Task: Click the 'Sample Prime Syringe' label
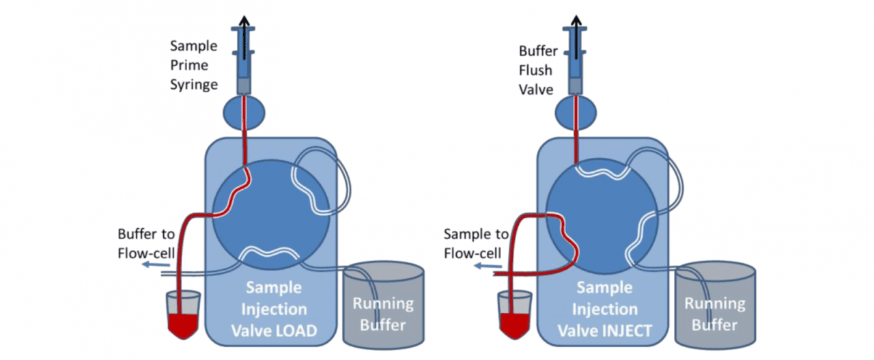pyautogui.click(x=195, y=66)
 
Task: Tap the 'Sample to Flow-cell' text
pyautogui.click(x=476, y=244)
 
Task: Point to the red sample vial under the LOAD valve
pyautogui.click(x=184, y=316)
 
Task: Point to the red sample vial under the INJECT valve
pyautogui.click(x=516, y=316)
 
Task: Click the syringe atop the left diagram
pyautogui.click(x=245, y=61)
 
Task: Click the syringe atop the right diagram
pyautogui.click(x=576, y=61)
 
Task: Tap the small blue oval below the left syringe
pyautogui.click(x=245, y=112)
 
